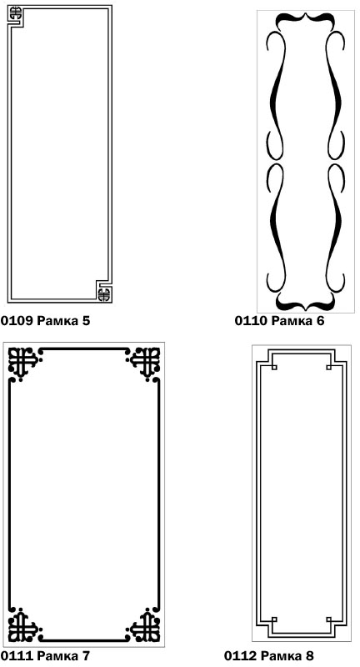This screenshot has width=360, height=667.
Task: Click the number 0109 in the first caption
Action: pyautogui.click(x=16, y=320)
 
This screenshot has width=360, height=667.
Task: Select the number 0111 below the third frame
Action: pyautogui.click(x=17, y=655)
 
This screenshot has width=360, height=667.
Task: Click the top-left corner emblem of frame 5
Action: pyautogui.click(x=15, y=13)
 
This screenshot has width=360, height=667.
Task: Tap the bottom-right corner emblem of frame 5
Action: pyautogui.click(x=103, y=294)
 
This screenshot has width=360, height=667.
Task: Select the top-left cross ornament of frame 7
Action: pyautogui.click(x=23, y=362)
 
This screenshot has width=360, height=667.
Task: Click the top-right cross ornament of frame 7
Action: pyautogui.click(x=145, y=362)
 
